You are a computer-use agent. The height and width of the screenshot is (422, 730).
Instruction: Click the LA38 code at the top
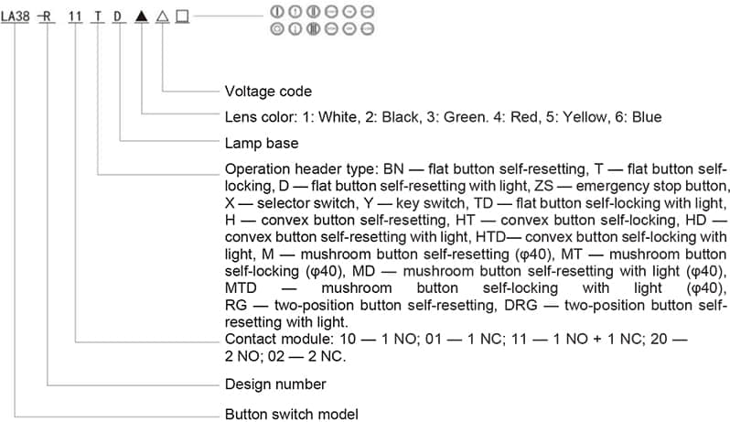[x=16, y=16]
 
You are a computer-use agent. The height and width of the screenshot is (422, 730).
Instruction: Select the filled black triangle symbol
[x=141, y=16]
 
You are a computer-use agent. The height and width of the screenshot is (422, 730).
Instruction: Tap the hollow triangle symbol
[x=161, y=16]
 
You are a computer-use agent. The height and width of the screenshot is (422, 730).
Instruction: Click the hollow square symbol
[x=181, y=16]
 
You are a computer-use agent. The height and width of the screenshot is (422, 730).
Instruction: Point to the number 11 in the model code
[x=76, y=16]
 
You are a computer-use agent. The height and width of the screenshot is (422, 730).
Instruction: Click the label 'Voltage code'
[x=268, y=92]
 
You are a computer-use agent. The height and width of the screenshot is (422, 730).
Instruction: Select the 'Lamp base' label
[x=262, y=144]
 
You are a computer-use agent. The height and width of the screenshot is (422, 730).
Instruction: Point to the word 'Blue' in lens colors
[x=646, y=117]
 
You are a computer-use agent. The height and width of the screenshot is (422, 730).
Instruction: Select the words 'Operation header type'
[x=297, y=169]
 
